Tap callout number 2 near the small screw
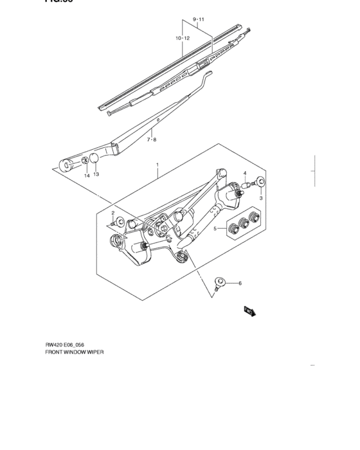click(113, 213)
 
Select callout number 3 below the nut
click(261, 199)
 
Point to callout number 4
click(244, 174)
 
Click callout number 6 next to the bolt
click(240, 283)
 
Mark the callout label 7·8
click(151, 139)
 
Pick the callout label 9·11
click(198, 20)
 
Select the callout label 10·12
click(182, 39)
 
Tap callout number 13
click(96, 174)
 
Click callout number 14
click(85, 175)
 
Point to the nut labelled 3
click(260, 182)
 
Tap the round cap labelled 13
click(94, 159)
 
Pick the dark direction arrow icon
click(249, 310)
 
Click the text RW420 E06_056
click(65, 345)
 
